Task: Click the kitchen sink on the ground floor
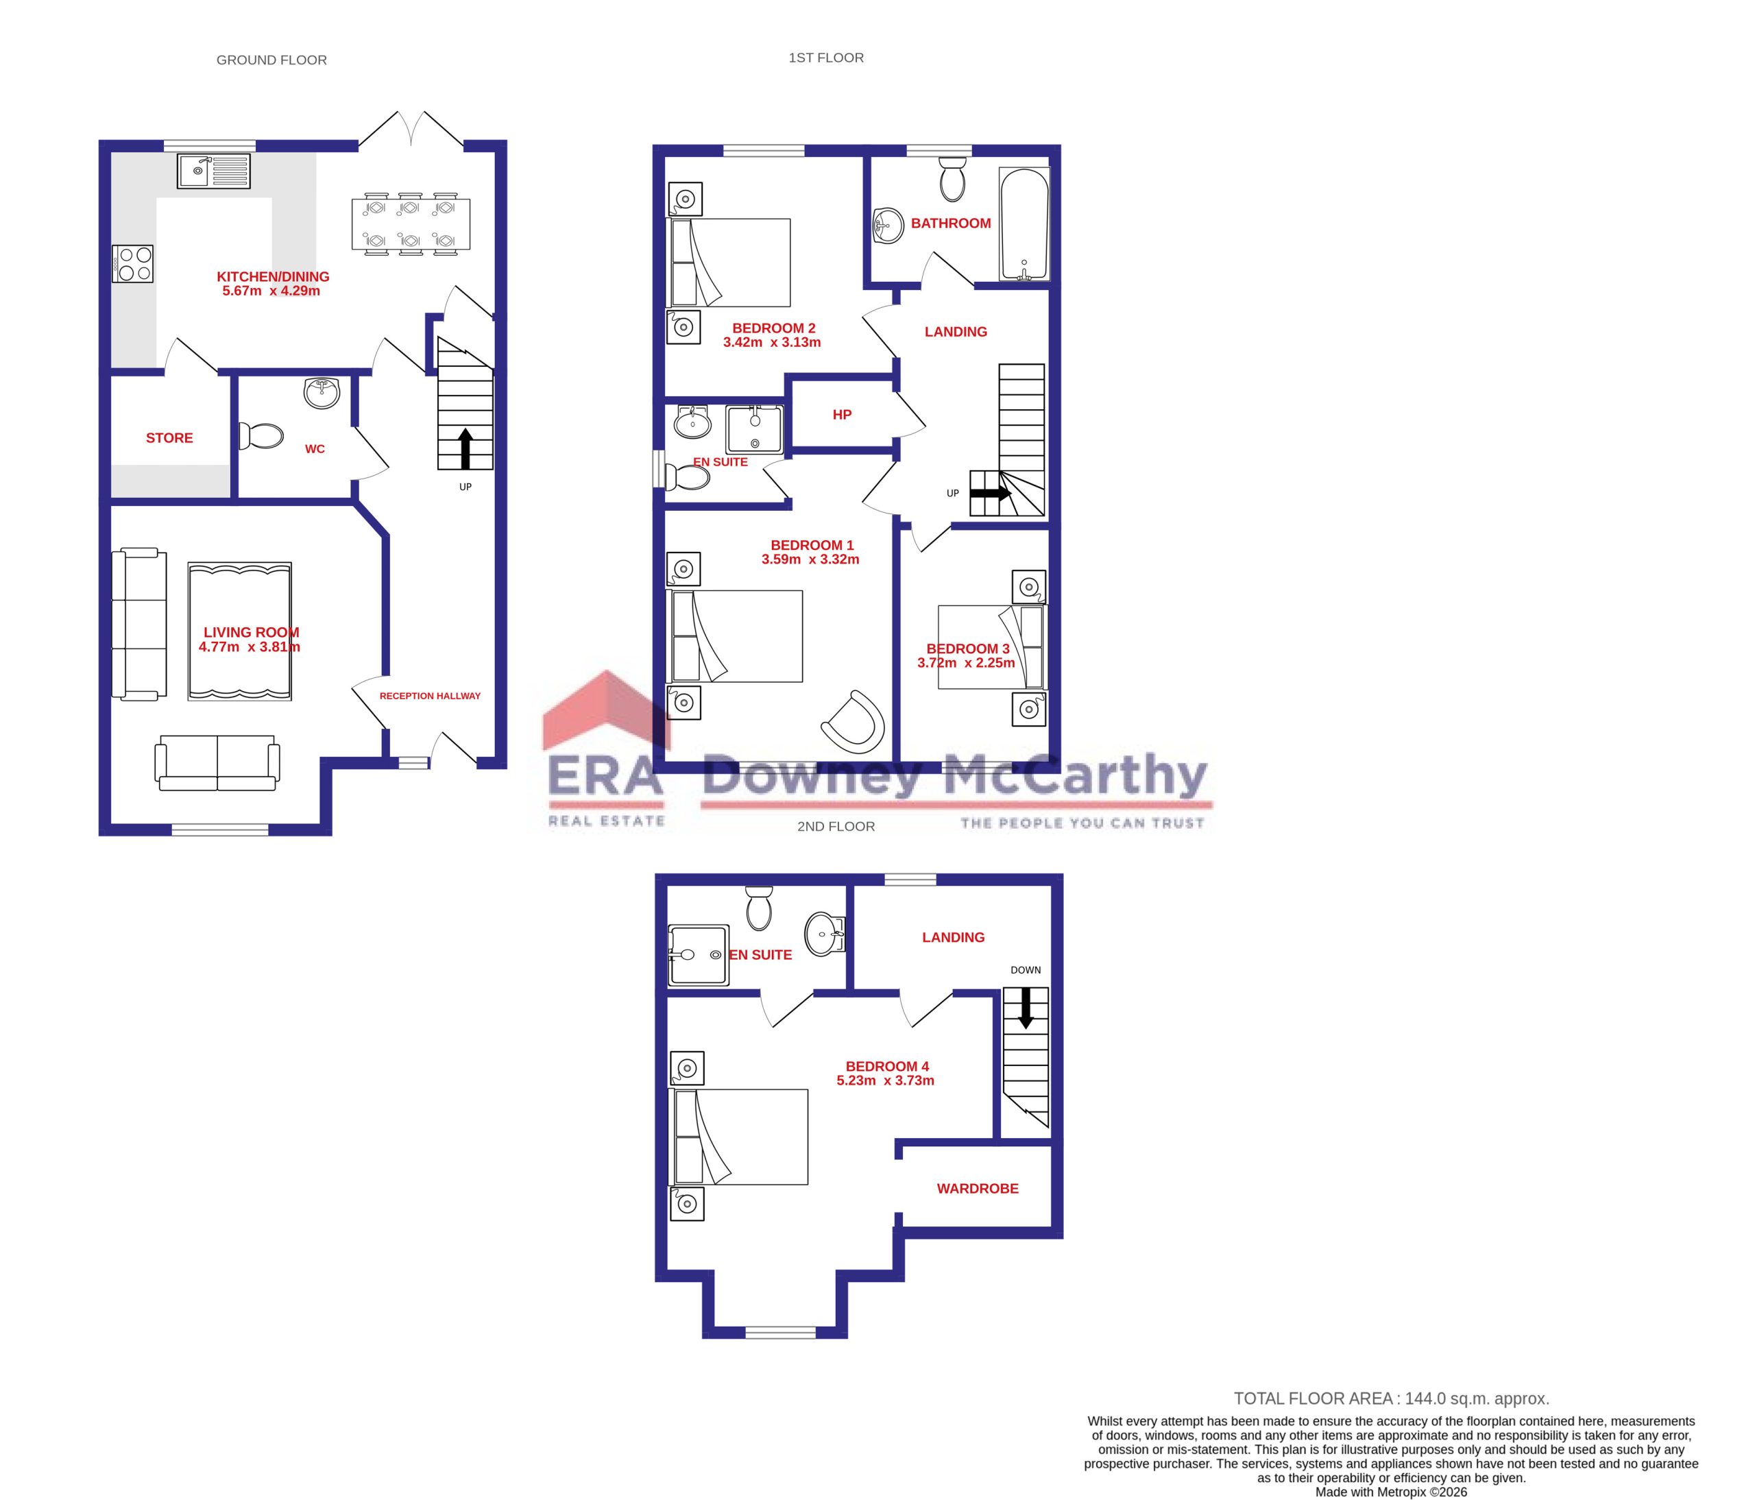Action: pos(213,171)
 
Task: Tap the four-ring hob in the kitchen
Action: pos(134,263)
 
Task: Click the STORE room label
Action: pos(169,438)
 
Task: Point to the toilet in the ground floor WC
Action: pos(262,436)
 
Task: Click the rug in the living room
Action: pos(240,631)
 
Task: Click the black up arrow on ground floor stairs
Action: pos(465,447)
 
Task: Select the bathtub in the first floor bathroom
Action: pos(1024,223)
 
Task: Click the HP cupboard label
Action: pos(841,415)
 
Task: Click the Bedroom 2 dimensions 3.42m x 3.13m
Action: pos(772,343)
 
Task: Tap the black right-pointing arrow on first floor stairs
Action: pos(992,492)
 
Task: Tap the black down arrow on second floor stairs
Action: pos(1025,1010)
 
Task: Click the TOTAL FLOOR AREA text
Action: pos(1391,1399)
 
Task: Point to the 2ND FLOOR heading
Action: pos(835,827)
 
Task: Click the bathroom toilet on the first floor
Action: pos(953,179)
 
